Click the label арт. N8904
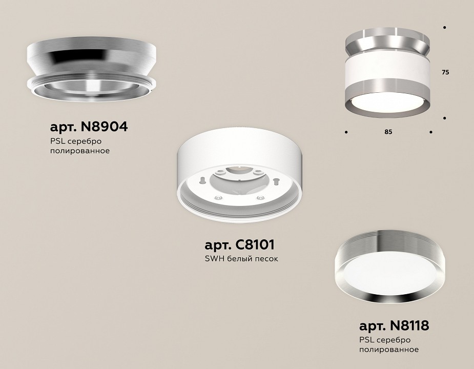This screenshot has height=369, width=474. point(89,127)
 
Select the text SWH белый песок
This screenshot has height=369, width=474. point(241,259)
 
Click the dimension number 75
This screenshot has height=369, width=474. point(445,73)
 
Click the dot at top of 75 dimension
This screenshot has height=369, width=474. point(444,27)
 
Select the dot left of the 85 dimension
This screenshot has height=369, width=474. point(347,132)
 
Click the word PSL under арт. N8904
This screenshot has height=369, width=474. point(57,141)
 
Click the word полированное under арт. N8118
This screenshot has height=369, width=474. point(389,350)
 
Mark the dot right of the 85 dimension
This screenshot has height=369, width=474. point(431,132)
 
